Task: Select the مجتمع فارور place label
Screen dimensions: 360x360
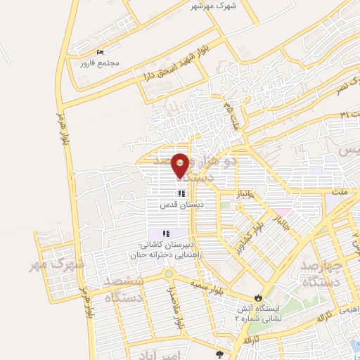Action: tap(101, 63)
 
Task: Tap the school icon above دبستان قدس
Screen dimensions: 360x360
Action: tap(181, 193)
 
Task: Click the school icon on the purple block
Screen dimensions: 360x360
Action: tap(166, 233)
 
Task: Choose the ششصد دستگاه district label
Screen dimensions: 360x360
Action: tap(124, 290)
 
